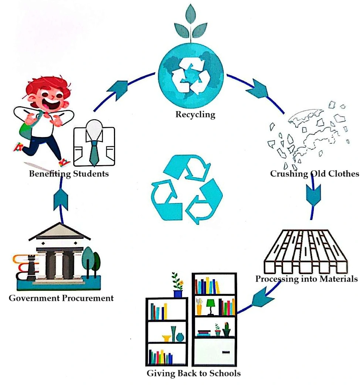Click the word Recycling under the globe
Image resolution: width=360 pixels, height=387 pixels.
(x=195, y=114)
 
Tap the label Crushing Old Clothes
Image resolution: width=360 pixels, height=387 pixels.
(x=314, y=173)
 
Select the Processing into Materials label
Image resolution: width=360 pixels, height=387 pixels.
(x=306, y=278)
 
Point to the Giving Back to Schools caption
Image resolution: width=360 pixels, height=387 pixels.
(x=194, y=373)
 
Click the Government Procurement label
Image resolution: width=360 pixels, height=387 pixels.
(x=61, y=298)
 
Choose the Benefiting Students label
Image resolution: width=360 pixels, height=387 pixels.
(x=69, y=173)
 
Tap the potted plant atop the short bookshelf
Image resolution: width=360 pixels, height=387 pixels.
(x=178, y=284)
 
